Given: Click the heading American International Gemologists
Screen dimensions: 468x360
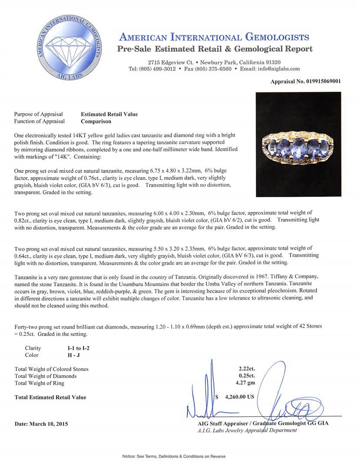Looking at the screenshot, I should (x=214, y=37).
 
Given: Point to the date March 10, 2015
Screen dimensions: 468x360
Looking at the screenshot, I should (x=41, y=424).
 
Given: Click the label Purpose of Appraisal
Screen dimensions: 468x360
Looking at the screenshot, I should (x=38, y=114).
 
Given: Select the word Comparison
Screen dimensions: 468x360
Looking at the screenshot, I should (x=96, y=121).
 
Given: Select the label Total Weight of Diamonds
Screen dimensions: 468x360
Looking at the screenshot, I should (x=46, y=376).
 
